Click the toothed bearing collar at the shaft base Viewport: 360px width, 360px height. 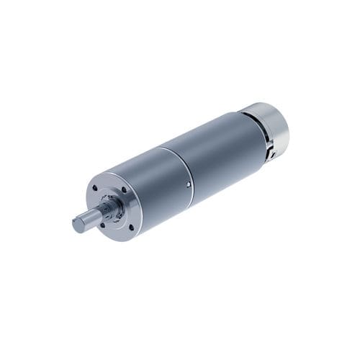(110, 209)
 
